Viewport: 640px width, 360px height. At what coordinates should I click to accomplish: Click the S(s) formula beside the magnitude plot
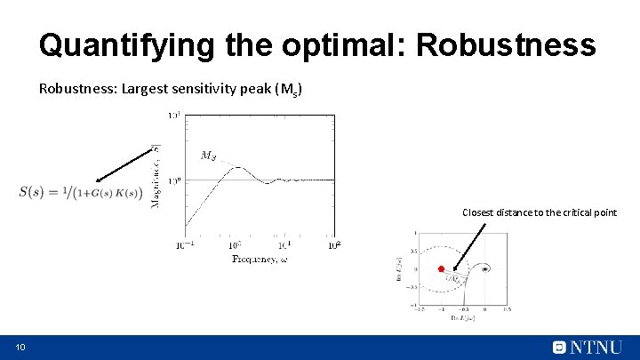coord(80,193)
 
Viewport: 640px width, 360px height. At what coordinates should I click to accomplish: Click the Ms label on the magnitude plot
coord(208,156)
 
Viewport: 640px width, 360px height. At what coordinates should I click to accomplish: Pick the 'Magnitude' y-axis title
coord(156,179)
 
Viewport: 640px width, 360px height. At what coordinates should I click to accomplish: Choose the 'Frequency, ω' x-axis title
coord(260,259)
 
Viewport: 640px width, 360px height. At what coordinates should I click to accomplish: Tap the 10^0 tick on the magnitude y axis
coord(175,180)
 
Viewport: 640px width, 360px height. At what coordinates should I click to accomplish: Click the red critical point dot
coord(440,268)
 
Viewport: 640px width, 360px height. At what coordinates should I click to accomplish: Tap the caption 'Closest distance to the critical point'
coord(539,212)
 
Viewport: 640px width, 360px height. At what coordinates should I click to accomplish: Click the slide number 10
coord(20,347)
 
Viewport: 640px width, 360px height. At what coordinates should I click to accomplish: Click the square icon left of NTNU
coord(559,347)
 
